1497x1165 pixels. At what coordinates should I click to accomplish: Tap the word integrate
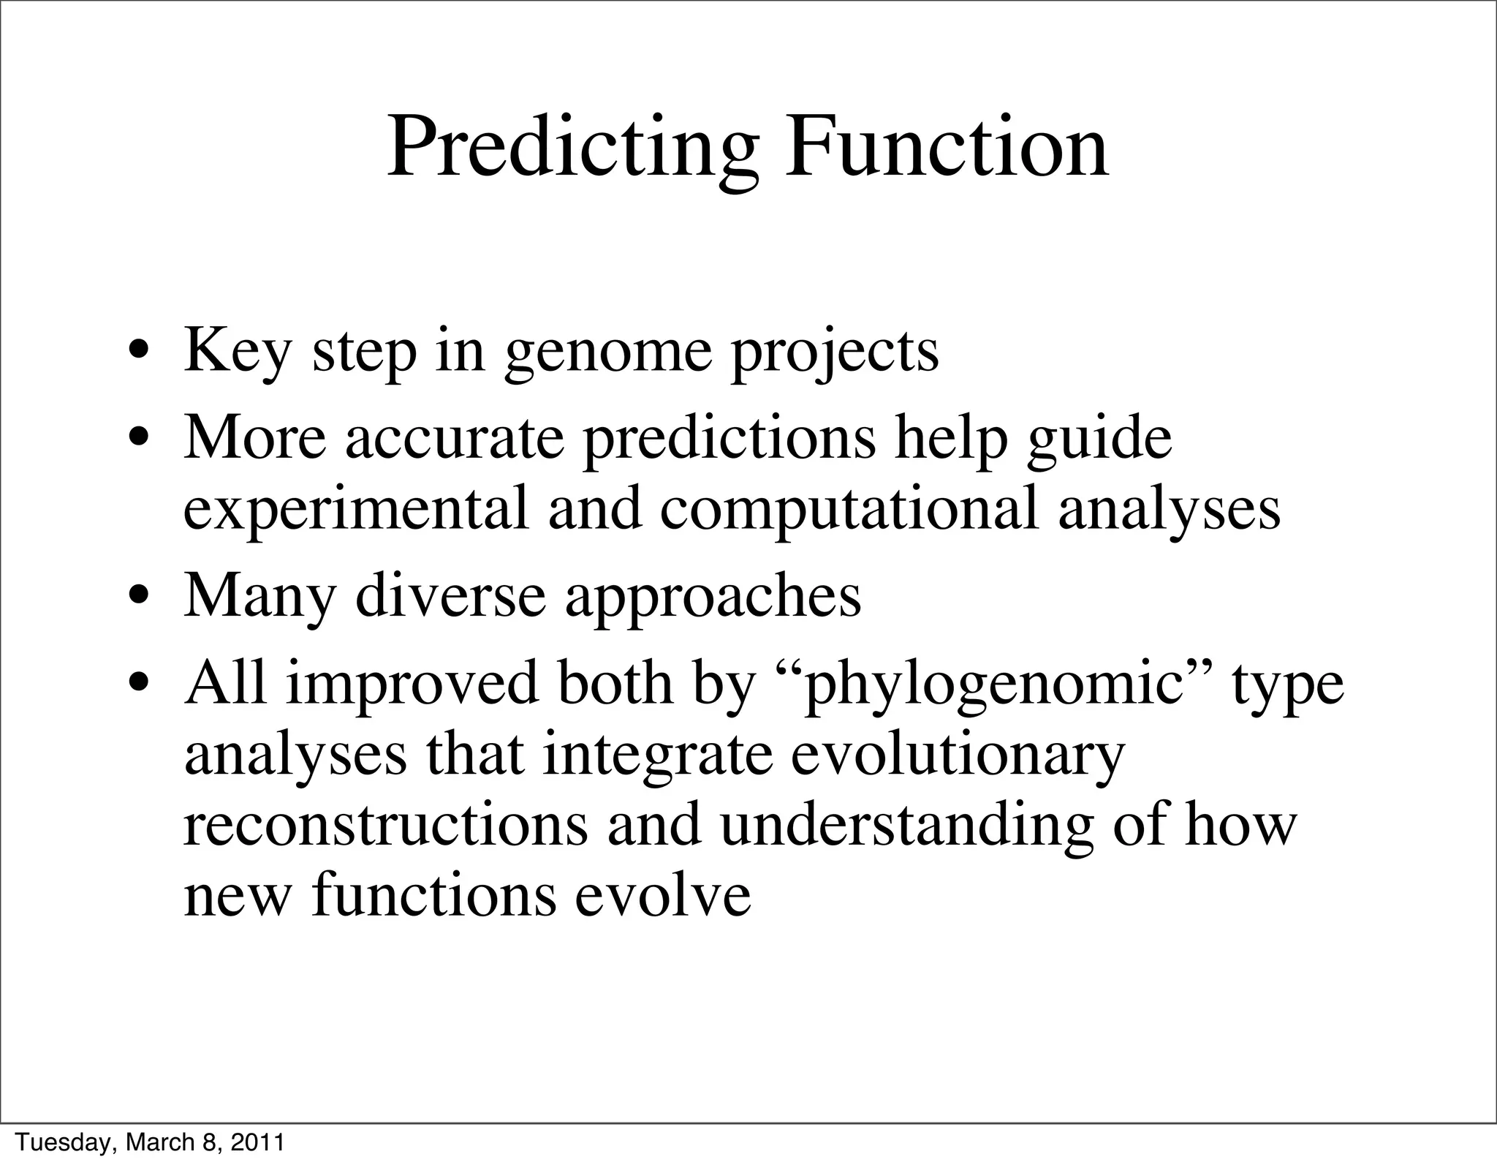coord(657,756)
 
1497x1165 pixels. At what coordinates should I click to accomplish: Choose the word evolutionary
coord(957,756)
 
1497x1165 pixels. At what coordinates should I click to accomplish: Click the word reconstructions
coord(385,826)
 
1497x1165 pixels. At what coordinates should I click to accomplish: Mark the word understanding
coord(906,826)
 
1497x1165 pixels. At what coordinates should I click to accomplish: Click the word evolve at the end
coord(663,897)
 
